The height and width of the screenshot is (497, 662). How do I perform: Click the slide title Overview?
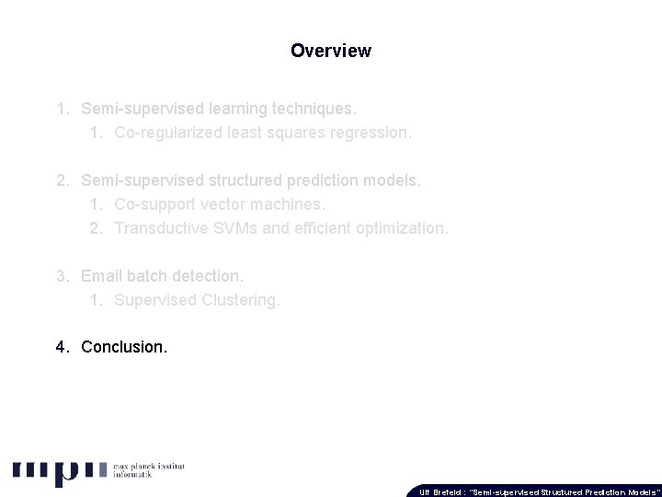[x=331, y=51]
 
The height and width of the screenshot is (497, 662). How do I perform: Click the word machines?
[x=289, y=203]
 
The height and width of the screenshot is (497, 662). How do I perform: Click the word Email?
[x=101, y=275]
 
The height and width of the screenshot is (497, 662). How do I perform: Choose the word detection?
[x=207, y=275]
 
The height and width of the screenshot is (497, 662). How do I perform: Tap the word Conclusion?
[x=124, y=347]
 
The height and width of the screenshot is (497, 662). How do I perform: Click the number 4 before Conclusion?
[x=60, y=347]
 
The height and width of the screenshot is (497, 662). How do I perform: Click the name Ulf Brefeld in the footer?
[x=441, y=491]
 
